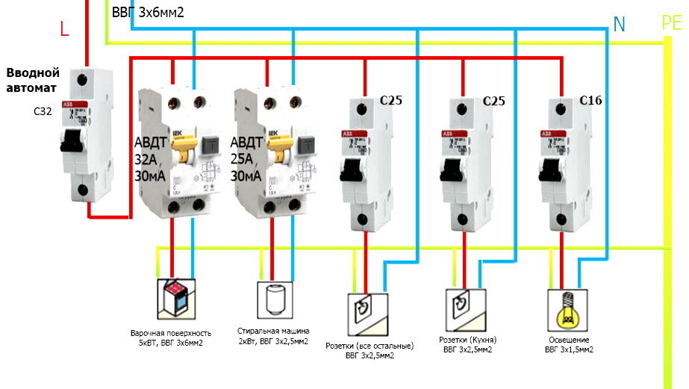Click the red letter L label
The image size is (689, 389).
pyautogui.click(x=64, y=29)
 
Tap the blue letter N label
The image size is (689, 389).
pyautogui.click(x=619, y=24)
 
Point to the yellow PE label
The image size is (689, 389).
pyautogui.click(x=672, y=23)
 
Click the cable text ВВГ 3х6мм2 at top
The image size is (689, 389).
pyautogui.click(x=148, y=13)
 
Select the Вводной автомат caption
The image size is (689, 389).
pyautogui.click(x=32, y=80)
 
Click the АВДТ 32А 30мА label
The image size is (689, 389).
pyautogui.click(x=154, y=159)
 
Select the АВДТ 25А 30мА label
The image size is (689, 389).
pyautogui.click(x=246, y=159)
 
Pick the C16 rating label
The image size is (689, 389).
pyautogui.click(x=590, y=100)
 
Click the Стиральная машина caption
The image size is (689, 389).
pyautogui.click(x=273, y=330)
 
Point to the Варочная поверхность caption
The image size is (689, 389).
pyautogui.click(x=171, y=332)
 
